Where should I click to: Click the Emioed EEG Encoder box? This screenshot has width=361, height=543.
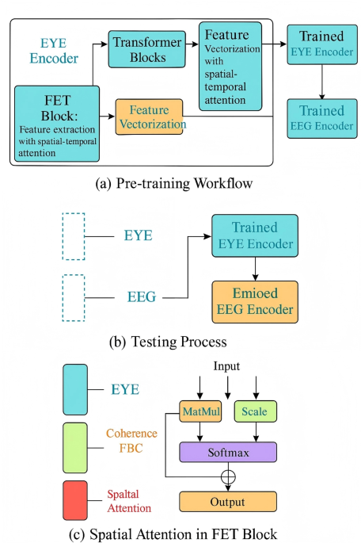(x=254, y=302)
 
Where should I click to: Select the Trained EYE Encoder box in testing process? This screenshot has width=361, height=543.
(x=254, y=235)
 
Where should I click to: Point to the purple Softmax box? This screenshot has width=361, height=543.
(x=229, y=452)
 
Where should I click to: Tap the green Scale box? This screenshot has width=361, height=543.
(x=255, y=412)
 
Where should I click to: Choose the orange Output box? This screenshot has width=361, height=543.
(x=228, y=501)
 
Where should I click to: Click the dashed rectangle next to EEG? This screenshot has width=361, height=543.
(x=74, y=296)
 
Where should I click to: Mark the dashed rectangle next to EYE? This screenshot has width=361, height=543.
(x=74, y=235)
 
